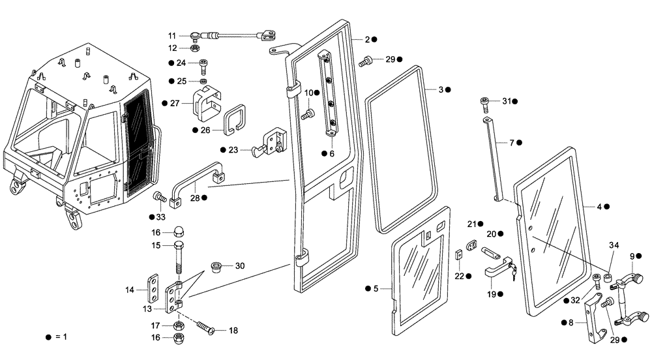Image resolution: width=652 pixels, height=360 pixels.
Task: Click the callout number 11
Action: (x=172, y=35)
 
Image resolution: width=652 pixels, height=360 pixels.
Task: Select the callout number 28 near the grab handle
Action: (x=194, y=197)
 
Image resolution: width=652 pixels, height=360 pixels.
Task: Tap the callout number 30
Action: (x=240, y=265)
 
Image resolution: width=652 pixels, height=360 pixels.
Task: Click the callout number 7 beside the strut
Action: (x=512, y=142)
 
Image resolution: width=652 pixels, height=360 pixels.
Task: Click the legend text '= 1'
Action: (x=60, y=337)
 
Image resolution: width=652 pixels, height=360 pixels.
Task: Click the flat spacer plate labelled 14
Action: (x=154, y=289)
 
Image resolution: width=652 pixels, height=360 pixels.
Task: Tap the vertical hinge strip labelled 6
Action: (x=327, y=95)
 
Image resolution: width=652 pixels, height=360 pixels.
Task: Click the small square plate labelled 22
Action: (x=458, y=256)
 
